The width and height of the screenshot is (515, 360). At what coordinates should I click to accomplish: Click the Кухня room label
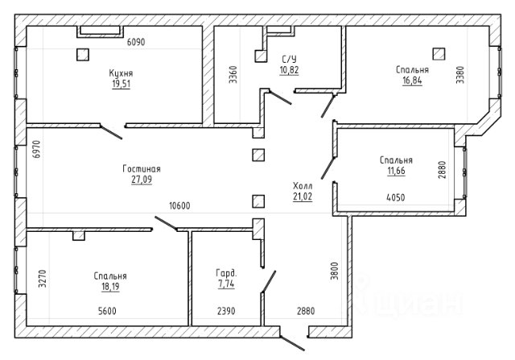[x=121, y=73]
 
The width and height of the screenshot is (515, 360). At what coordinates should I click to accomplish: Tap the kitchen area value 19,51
[x=122, y=84]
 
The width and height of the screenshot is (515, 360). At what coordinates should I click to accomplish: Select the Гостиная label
[x=142, y=168]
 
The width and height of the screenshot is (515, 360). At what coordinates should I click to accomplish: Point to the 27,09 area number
[x=142, y=180]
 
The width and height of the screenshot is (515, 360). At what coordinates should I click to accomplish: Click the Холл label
[x=303, y=186]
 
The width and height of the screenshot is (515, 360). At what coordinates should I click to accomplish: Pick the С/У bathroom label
[x=289, y=59]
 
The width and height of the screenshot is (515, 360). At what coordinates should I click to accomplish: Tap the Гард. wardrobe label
[x=226, y=273]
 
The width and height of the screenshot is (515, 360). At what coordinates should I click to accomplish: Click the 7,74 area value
[x=226, y=283]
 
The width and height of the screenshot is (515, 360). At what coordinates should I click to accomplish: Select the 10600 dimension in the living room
[x=179, y=206]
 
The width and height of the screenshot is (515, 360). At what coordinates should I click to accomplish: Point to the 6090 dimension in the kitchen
[x=136, y=42]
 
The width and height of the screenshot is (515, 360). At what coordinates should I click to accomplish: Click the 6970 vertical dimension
[x=37, y=149]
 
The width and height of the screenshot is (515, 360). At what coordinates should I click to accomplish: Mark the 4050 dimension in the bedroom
[x=396, y=197]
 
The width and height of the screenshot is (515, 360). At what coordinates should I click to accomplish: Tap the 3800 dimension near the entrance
[x=334, y=271]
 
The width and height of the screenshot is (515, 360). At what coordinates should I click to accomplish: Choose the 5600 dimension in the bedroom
[x=107, y=311]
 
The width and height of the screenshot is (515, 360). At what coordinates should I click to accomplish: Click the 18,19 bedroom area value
[x=110, y=287]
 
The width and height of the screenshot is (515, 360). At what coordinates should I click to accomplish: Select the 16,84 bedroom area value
[x=412, y=81]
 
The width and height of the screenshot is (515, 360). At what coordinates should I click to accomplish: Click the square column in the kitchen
[x=83, y=55]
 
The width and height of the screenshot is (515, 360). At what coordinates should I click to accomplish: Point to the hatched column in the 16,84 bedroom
[x=439, y=54]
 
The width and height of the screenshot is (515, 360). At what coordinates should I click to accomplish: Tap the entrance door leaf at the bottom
[x=292, y=343]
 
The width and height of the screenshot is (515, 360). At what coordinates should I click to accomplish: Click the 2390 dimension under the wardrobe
[x=226, y=311]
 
